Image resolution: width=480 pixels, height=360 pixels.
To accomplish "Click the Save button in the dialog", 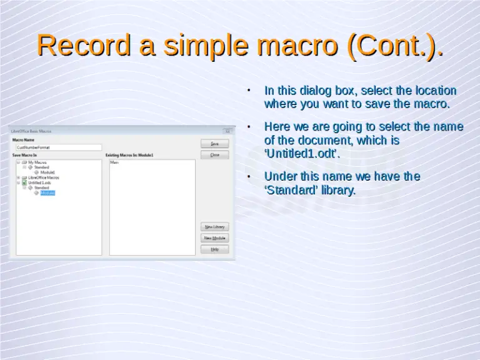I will pyautogui.click(x=214, y=144).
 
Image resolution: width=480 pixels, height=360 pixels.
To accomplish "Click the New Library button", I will pyautogui.click(x=214, y=226).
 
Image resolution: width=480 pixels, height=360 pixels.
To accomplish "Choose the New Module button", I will pyautogui.click(x=214, y=238).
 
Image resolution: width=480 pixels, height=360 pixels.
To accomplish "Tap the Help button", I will pyautogui.click(x=214, y=249).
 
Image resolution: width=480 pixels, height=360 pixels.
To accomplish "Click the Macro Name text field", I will pyautogui.click(x=58, y=147).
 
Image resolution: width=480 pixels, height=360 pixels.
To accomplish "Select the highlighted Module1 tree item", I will pyautogui.click(x=48, y=193).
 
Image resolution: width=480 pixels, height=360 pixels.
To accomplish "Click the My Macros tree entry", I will pyautogui.click(x=37, y=162).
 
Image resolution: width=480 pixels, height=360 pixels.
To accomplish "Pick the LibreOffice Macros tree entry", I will pyautogui.click(x=44, y=177).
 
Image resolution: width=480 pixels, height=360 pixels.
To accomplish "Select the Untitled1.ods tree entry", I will pyautogui.click(x=39, y=182).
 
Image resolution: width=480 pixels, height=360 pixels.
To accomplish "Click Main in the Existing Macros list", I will pyautogui.click(x=114, y=162).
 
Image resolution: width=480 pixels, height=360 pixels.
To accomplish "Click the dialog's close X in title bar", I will pyautogui.click(x=227, y=131).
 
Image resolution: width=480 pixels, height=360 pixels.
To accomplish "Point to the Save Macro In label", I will pyautogui.click(x=24, y=154).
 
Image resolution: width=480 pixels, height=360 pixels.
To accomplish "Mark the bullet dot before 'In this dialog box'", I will pyautogui.click(x=248, y=91).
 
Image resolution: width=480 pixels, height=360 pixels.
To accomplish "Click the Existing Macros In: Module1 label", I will pyautogui.click(x=129, y=154).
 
